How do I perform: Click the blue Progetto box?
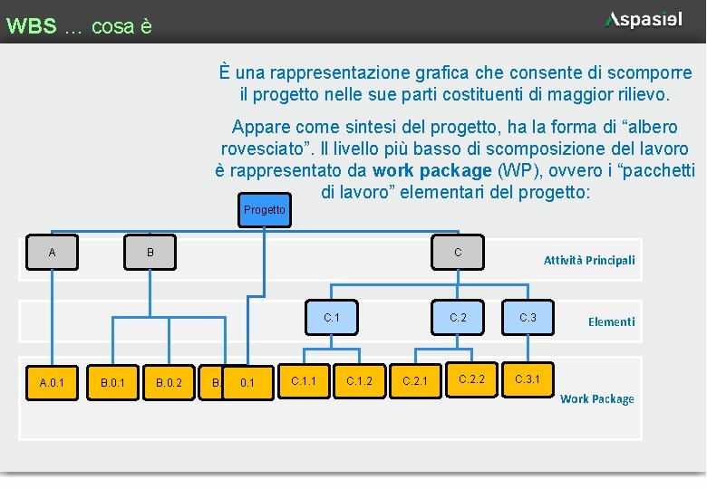(x=264, y=210)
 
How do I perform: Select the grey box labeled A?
(x=52, y=253)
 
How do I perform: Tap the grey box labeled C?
(x=458, y=253)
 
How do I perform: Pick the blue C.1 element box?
(x=331, y=318)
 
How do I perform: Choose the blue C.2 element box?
(x=458, y=318)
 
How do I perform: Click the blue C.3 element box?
(x=528, y=318)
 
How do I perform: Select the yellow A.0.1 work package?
(x=52, y=383)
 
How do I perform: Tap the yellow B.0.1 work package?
(x=112, y=383)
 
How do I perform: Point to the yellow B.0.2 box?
(x=169, y=383)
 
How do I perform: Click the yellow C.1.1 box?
(x=303, y=381)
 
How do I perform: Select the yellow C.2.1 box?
(x=415, y=381)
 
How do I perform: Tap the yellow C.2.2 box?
(x=471, y=379)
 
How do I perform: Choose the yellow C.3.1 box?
(x=528, y=379)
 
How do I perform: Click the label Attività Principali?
(x=589, y=260)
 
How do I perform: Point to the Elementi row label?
(x=611, y=321)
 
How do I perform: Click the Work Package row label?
(x=596, y=398)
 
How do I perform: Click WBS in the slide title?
(x=31, y=26)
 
